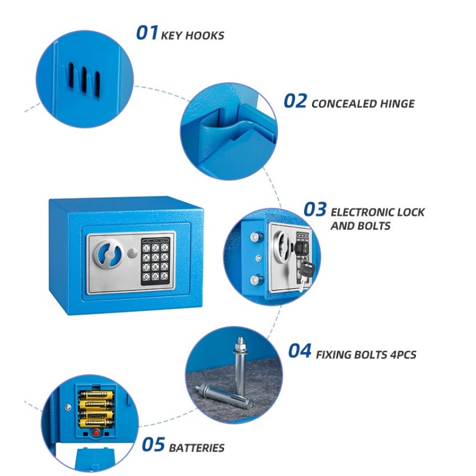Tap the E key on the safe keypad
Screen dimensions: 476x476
(x=164, y=276)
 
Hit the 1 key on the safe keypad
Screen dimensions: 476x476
(x=146, y=248)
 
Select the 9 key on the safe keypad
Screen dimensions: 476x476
(x=164, y=267)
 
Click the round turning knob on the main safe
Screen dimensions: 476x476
(x=108, y=254)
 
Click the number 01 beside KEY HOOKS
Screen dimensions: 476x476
(x=147, y=33)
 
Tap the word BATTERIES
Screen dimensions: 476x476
(x=197, y=448)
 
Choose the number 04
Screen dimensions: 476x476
(x=300, y=351)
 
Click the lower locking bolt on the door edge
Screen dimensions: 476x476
(x=257, y=279)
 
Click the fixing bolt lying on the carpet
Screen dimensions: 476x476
(x=224, y=396)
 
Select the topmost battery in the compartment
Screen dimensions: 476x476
(x=96, y=395)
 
